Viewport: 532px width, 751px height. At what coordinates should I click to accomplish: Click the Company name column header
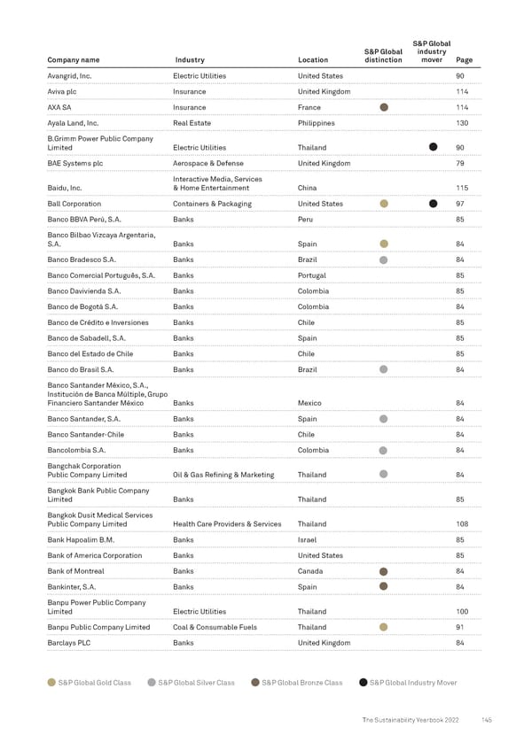[73, 60]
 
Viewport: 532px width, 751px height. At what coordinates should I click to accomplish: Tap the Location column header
[313, 60]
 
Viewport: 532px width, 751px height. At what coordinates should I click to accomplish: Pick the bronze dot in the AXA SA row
[384, 107]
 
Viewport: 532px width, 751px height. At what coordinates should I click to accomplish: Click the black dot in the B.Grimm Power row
[434, 147]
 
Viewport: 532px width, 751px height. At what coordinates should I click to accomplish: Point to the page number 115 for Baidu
[461, 188]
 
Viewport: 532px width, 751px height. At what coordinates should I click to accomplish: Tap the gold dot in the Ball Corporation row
[384, 204]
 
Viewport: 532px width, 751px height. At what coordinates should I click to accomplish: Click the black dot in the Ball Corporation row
[434, 204]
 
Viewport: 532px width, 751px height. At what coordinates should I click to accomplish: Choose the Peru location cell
[307, 219]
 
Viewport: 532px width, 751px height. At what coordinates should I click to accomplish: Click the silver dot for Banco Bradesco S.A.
[384, 259]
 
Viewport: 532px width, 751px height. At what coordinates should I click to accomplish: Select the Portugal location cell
[313, 275]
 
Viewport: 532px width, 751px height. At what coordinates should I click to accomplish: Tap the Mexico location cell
[310, 403]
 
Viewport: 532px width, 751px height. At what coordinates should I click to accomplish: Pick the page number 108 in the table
[461, 523]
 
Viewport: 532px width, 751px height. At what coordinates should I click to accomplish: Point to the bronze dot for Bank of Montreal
[384, 571]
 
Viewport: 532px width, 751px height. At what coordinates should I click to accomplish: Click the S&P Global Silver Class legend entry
[195, 682]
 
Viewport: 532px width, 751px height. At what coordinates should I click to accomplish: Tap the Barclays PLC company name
[69, 643]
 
